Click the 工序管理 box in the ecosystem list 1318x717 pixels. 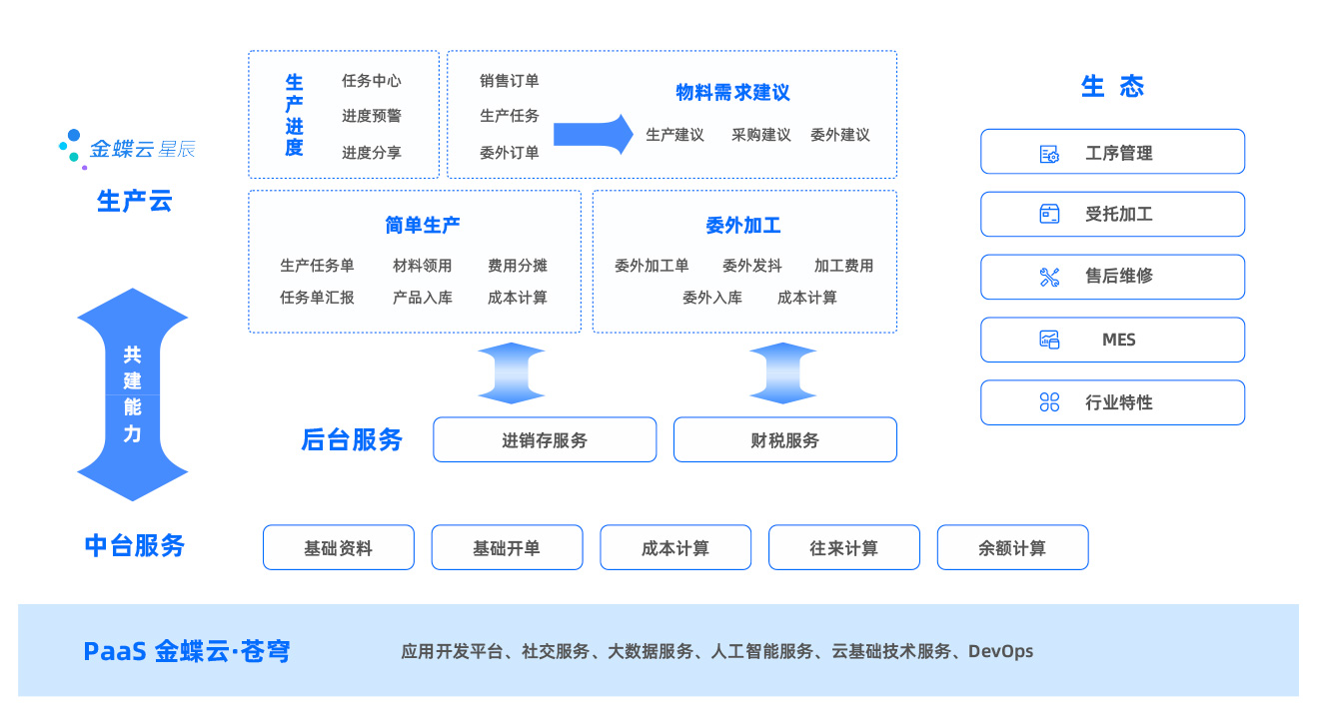click(1112, 152)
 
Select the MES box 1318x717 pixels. click(1112, 340)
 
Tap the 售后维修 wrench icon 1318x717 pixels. click(1049, 278)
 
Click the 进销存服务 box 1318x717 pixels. click(545, 440)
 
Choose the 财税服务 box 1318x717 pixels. click(784, 440)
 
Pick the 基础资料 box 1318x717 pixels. click(338, 548)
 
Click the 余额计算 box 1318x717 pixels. click(1012, 548)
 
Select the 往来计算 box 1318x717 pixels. click(843, 548)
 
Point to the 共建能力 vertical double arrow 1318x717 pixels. click(133, 394)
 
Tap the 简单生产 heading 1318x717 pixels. click(423, 226)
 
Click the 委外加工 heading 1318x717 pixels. click(743, 226)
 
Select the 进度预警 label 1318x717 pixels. click(372, 116)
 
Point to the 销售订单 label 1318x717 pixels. click(510, 81)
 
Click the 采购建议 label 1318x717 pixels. click(760, 135)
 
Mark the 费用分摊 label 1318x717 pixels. click(518, 266)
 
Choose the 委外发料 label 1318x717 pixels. click(752, 266)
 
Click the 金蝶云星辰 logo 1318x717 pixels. click(127, 149)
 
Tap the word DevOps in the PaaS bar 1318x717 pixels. click(1000, 651)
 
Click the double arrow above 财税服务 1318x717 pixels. click(783, 373)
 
